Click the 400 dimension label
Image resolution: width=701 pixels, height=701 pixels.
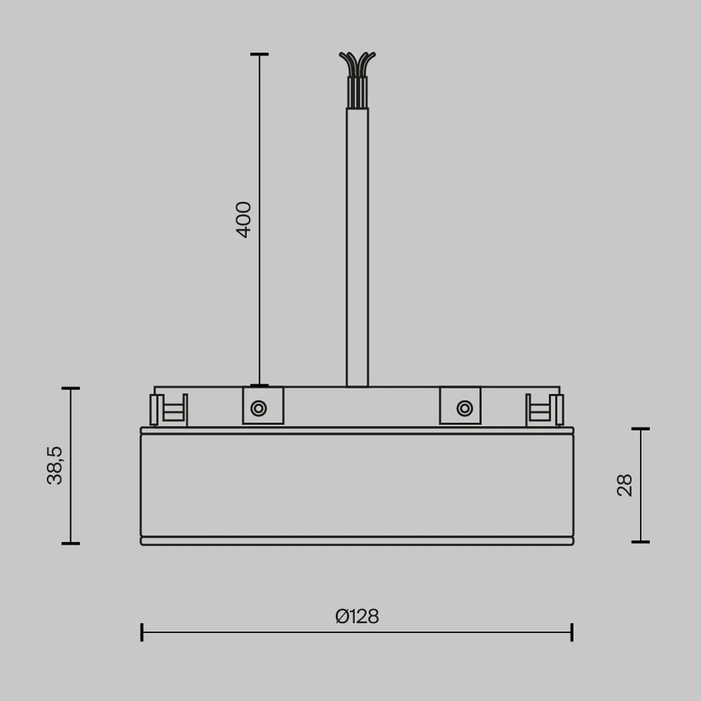244,220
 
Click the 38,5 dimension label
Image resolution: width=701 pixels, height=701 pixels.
55,465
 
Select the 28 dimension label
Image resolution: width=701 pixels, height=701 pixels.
624,485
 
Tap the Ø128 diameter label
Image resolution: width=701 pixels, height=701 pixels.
357,616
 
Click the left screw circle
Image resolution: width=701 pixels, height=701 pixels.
259,408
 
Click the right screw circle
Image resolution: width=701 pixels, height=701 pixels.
465,408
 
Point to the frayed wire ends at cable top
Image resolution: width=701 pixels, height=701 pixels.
357,63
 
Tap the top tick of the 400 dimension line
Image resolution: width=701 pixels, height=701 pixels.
259,54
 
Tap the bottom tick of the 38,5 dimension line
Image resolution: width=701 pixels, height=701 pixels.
71,543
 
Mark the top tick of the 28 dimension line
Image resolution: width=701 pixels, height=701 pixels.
640,429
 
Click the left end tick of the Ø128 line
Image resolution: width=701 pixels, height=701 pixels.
142,632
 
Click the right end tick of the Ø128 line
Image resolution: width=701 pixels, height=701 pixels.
572,632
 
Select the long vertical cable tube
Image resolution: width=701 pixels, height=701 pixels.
357,245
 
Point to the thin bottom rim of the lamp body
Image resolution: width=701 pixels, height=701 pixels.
357,541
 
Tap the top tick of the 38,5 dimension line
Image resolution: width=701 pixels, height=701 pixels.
71,388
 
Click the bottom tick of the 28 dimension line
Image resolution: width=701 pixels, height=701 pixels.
640,542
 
